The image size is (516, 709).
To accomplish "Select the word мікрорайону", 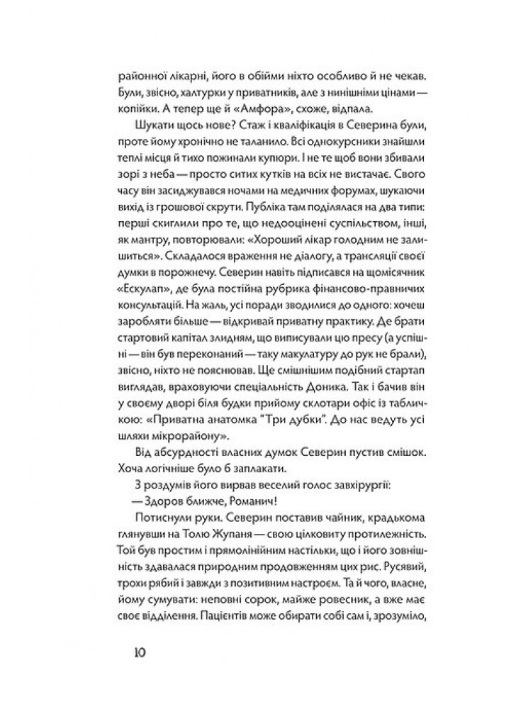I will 178,436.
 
